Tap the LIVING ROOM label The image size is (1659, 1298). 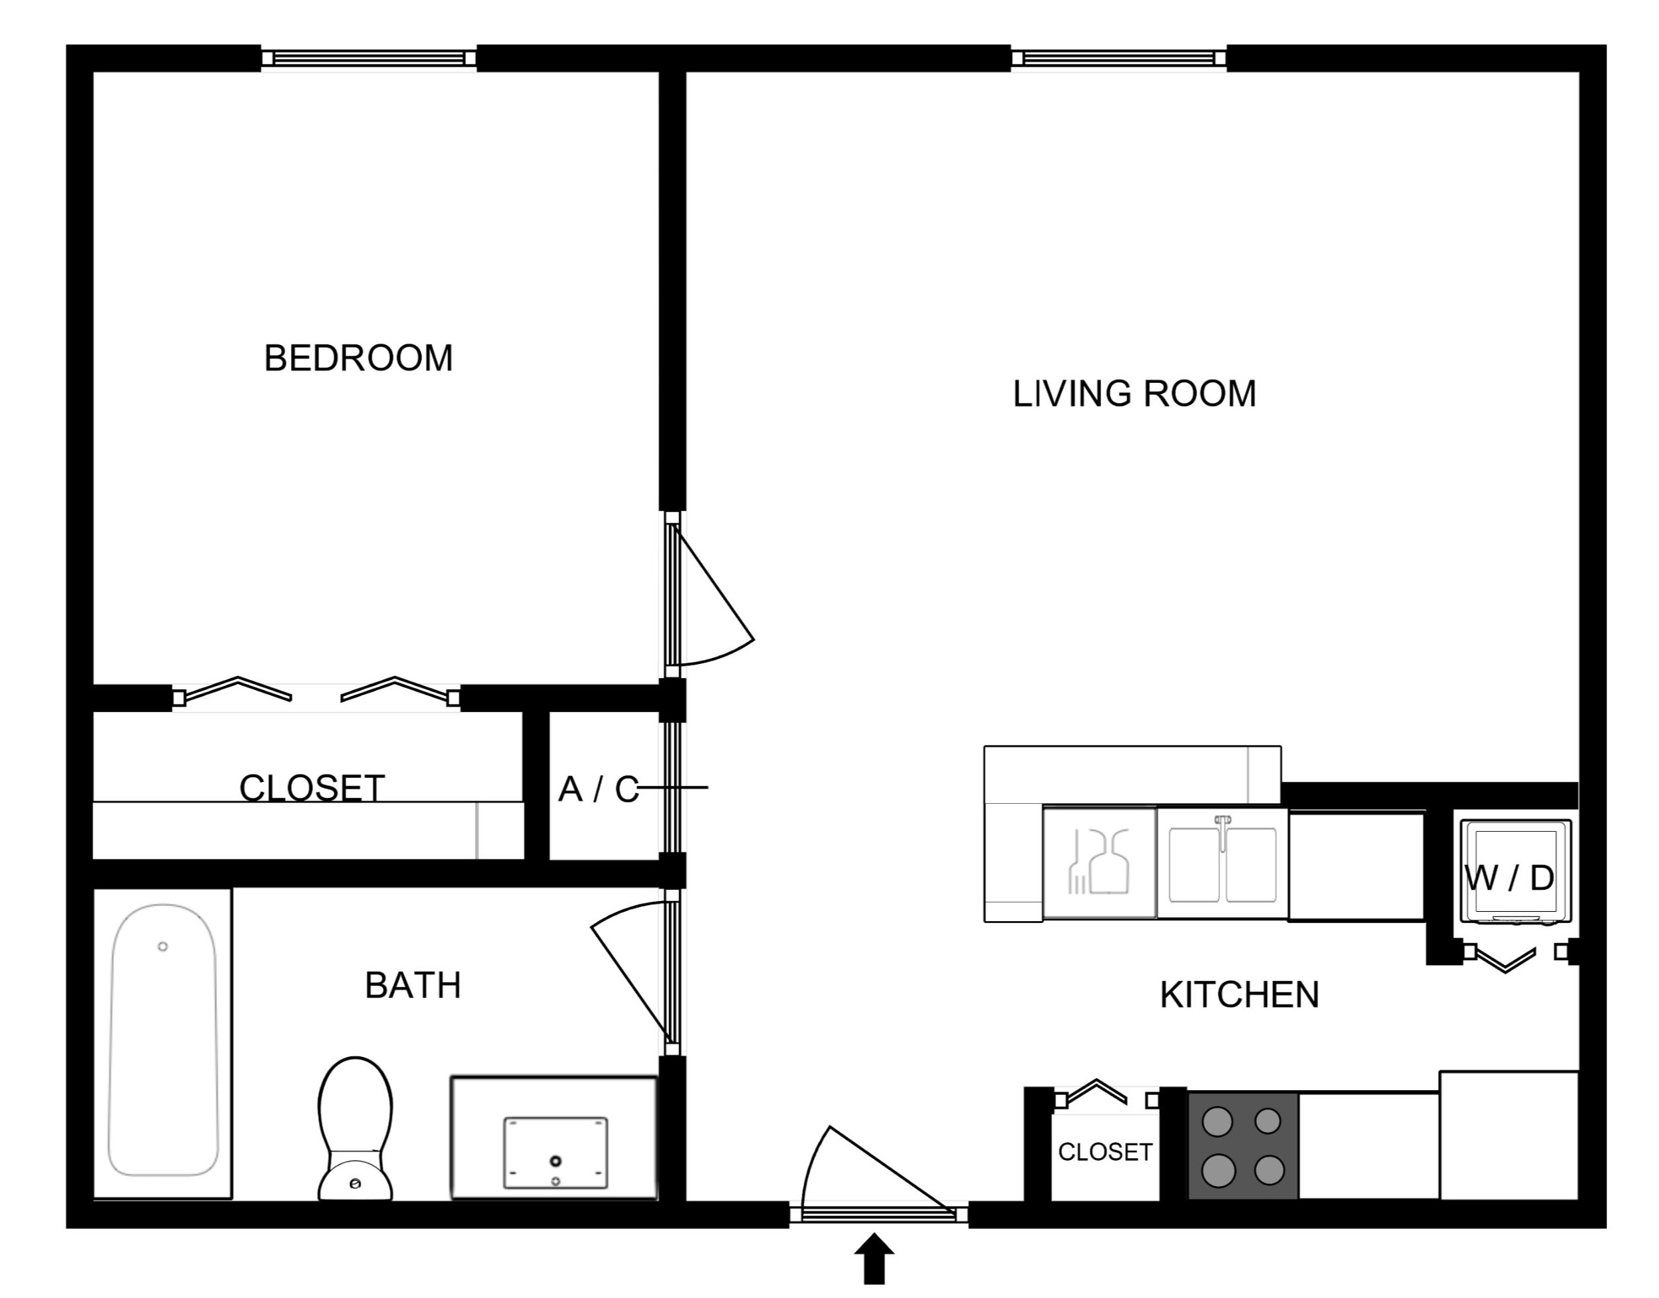(1134, 394)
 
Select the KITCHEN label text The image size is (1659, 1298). (1239, 995)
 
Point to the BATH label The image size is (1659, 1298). (413, 986)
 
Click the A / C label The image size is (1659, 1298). (598, 790)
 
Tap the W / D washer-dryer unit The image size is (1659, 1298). (1515, 872)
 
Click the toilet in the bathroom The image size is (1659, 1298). (355, 1130)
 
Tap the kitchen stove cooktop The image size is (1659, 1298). (1243, 1146)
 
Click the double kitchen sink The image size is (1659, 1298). (1222, 863)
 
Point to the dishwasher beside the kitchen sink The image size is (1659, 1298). (1100, 862)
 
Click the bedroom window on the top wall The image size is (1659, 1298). (369, 59)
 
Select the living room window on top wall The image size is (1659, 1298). (1118, 59)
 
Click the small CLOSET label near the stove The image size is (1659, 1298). (1105, 1152)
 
